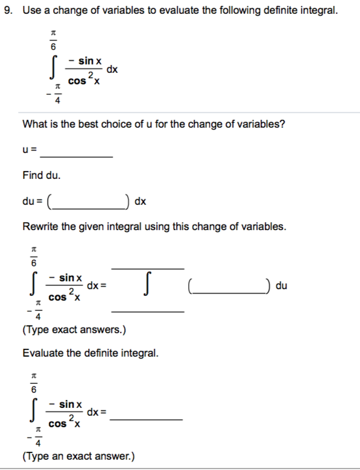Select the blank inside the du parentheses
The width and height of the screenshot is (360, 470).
(89, 201)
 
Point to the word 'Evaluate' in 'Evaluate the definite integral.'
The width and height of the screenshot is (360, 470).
(43, 352)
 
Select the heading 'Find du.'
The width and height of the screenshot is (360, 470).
(41, 175)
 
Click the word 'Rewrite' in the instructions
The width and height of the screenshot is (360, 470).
(41, 227)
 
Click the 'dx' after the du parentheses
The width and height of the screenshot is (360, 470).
(140, 201)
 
